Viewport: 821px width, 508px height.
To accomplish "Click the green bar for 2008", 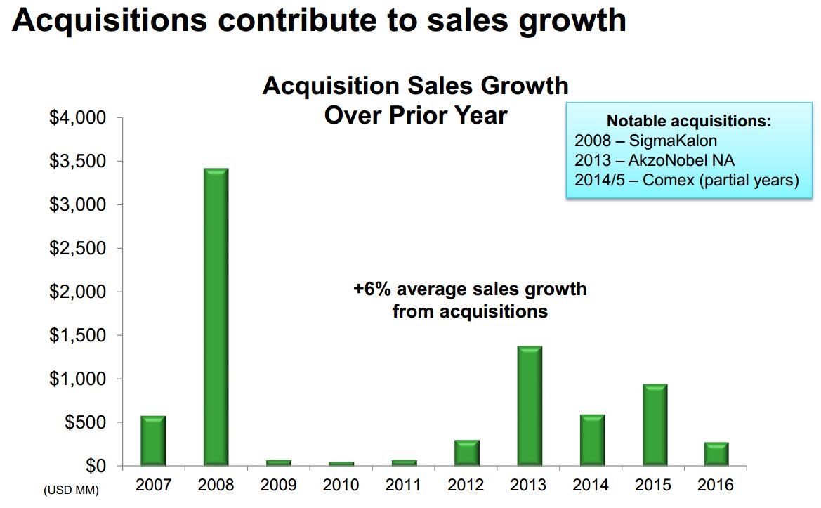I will [x=216, y=317].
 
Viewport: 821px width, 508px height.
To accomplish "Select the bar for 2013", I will [x=529, y=405].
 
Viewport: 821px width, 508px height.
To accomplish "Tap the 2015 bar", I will [x=654, y=424].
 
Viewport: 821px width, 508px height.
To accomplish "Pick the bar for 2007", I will [x=153, y=441].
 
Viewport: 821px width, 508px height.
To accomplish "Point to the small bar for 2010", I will [x=341, y=464].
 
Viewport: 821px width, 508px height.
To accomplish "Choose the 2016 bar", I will [x=716, y=454].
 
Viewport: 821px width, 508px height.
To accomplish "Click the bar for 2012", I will [x=466, y=452].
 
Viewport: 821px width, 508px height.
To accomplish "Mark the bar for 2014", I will [x=591, y=440].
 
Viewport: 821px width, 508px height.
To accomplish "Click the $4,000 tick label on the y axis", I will [x=77, y=117].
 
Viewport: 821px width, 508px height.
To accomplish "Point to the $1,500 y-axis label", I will [x=77, y=335].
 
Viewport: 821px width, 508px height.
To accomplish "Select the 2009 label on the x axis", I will [x=278, y=485].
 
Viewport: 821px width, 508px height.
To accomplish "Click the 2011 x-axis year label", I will [x=404, y=485].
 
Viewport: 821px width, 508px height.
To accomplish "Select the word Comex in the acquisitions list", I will [x=673, y=179].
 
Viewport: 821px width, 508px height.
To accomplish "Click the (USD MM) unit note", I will [x=71, y=490].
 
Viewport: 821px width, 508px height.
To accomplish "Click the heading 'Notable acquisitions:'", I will [x=688, y=121].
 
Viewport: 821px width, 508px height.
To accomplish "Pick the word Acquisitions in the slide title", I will [x=109, y=20].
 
